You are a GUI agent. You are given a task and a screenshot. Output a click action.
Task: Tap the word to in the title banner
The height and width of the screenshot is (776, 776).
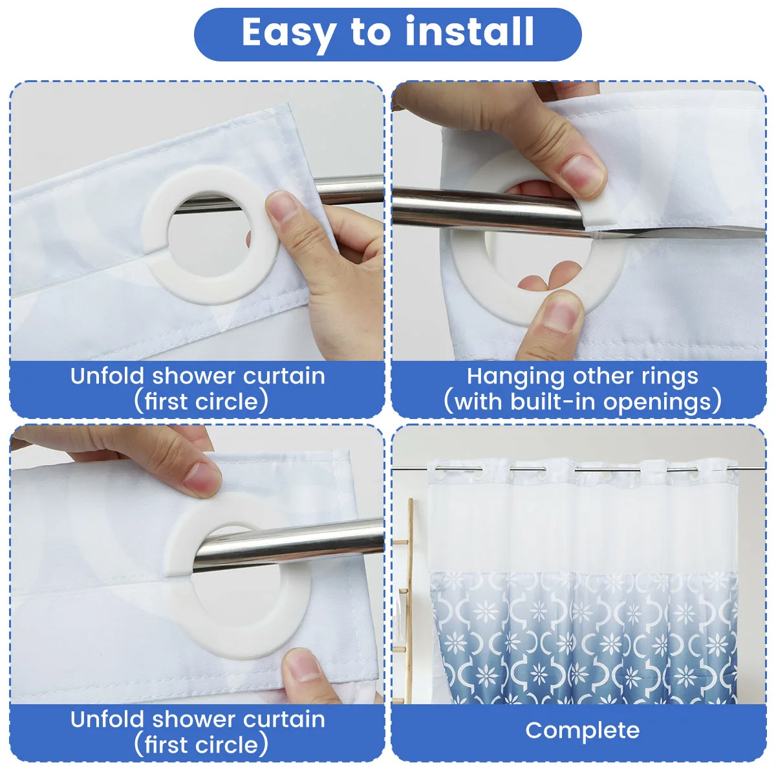(x=371, y=32)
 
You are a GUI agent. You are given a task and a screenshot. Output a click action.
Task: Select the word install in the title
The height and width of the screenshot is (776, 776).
(x=469, y=32)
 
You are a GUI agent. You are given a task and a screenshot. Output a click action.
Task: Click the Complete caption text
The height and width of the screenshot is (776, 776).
(x=582, y=731)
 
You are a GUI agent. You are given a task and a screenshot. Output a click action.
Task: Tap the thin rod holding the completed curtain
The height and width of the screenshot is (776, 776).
(x=578, y=468)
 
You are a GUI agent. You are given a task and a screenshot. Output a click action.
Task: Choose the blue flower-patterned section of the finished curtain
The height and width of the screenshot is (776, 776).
(x=583, y=638)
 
